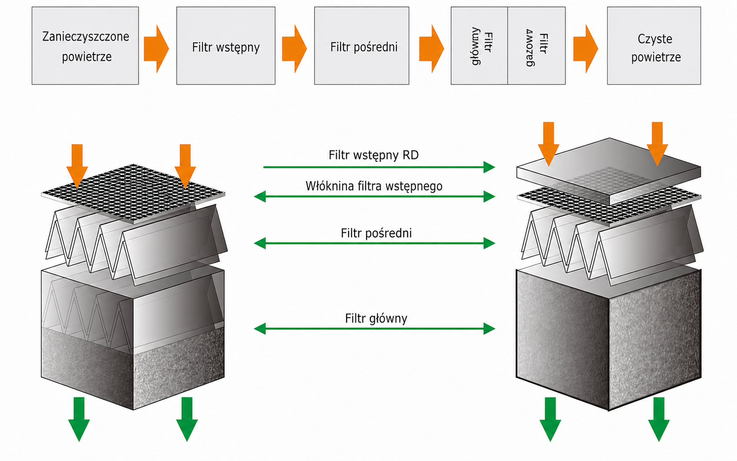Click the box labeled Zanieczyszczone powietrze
tap(85, 46)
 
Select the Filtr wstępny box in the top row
tap(226, 46)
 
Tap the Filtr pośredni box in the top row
tap(362, 46)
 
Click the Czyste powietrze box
tap(654, 46)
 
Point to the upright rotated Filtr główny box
tap(479, 46)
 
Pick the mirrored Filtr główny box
tap(537, 46)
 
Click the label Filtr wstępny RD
tap(374, 155)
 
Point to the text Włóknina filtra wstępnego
tap(374, 186)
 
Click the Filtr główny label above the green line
tap(376, 318)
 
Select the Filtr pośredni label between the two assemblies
tap(376, 233)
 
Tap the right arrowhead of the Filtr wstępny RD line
tap(489, 167)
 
